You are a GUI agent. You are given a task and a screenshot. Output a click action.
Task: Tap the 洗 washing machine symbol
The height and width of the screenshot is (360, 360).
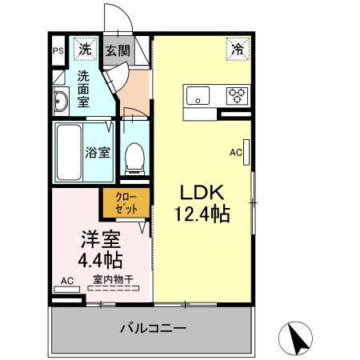pyautogui.click(x=85, y=49)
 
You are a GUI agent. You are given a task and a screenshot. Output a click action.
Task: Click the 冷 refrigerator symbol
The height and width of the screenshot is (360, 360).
pyautogui.click(x=238, y=49)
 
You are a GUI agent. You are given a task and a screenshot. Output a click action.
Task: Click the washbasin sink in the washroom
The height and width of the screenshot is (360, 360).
pyautogui.click(x=61, y=102)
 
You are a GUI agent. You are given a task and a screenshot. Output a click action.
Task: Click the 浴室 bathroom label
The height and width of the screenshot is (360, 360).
pyautogui.click(x=98, y=151)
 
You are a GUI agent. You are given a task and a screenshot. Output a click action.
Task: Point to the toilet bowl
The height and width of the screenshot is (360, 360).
pyautogui.click(x=134, y=153)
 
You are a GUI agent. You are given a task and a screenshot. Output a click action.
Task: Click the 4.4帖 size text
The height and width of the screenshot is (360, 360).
pyautogui.click(x=101, y=259)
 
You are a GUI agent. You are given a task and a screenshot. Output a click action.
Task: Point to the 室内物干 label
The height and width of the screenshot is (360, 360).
pyautogui.click(x=113, y=279)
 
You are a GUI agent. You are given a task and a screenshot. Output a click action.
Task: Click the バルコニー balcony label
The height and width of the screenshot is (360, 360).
pyautogui.click(x=154, y=328)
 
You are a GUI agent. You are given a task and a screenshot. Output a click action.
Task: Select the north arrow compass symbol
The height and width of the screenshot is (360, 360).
pyautogui.click(x=297, y=338)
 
